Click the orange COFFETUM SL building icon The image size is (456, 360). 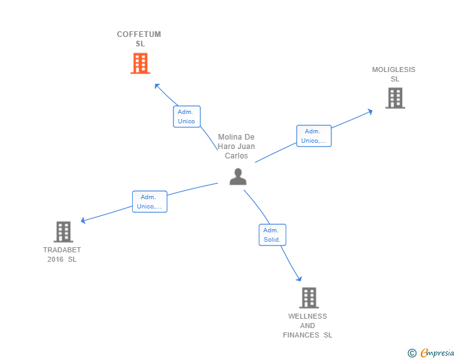140,63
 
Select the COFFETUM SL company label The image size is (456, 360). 139,39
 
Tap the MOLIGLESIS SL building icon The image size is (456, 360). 395,98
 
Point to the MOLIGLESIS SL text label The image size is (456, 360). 393,75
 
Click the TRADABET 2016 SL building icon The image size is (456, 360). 63,232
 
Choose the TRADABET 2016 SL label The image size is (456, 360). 62,254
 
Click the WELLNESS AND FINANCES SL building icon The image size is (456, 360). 308,298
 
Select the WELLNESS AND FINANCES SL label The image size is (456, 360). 308,326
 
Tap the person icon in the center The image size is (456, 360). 238,177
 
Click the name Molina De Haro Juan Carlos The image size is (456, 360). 236,147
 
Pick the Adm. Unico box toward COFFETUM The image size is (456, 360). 187,116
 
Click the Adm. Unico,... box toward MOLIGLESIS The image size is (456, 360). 313,136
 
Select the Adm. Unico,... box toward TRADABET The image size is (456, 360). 150,202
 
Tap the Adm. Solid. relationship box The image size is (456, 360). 272,235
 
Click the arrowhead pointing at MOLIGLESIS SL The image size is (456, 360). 370,111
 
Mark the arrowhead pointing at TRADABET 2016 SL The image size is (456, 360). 83,220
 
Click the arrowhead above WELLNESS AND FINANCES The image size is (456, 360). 299,279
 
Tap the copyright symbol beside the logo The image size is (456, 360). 412,353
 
